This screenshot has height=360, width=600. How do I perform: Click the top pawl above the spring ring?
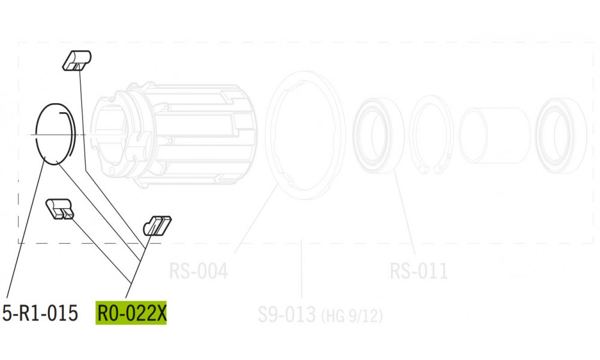coord(76,61)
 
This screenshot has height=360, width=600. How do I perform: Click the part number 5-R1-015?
coord(40,313)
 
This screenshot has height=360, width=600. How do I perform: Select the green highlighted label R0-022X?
coord(131,313)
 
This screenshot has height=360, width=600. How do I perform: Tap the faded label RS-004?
coord(198,271)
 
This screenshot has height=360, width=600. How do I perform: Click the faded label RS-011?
coord(418,271)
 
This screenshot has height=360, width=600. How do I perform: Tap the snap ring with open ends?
coord(433,136)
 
